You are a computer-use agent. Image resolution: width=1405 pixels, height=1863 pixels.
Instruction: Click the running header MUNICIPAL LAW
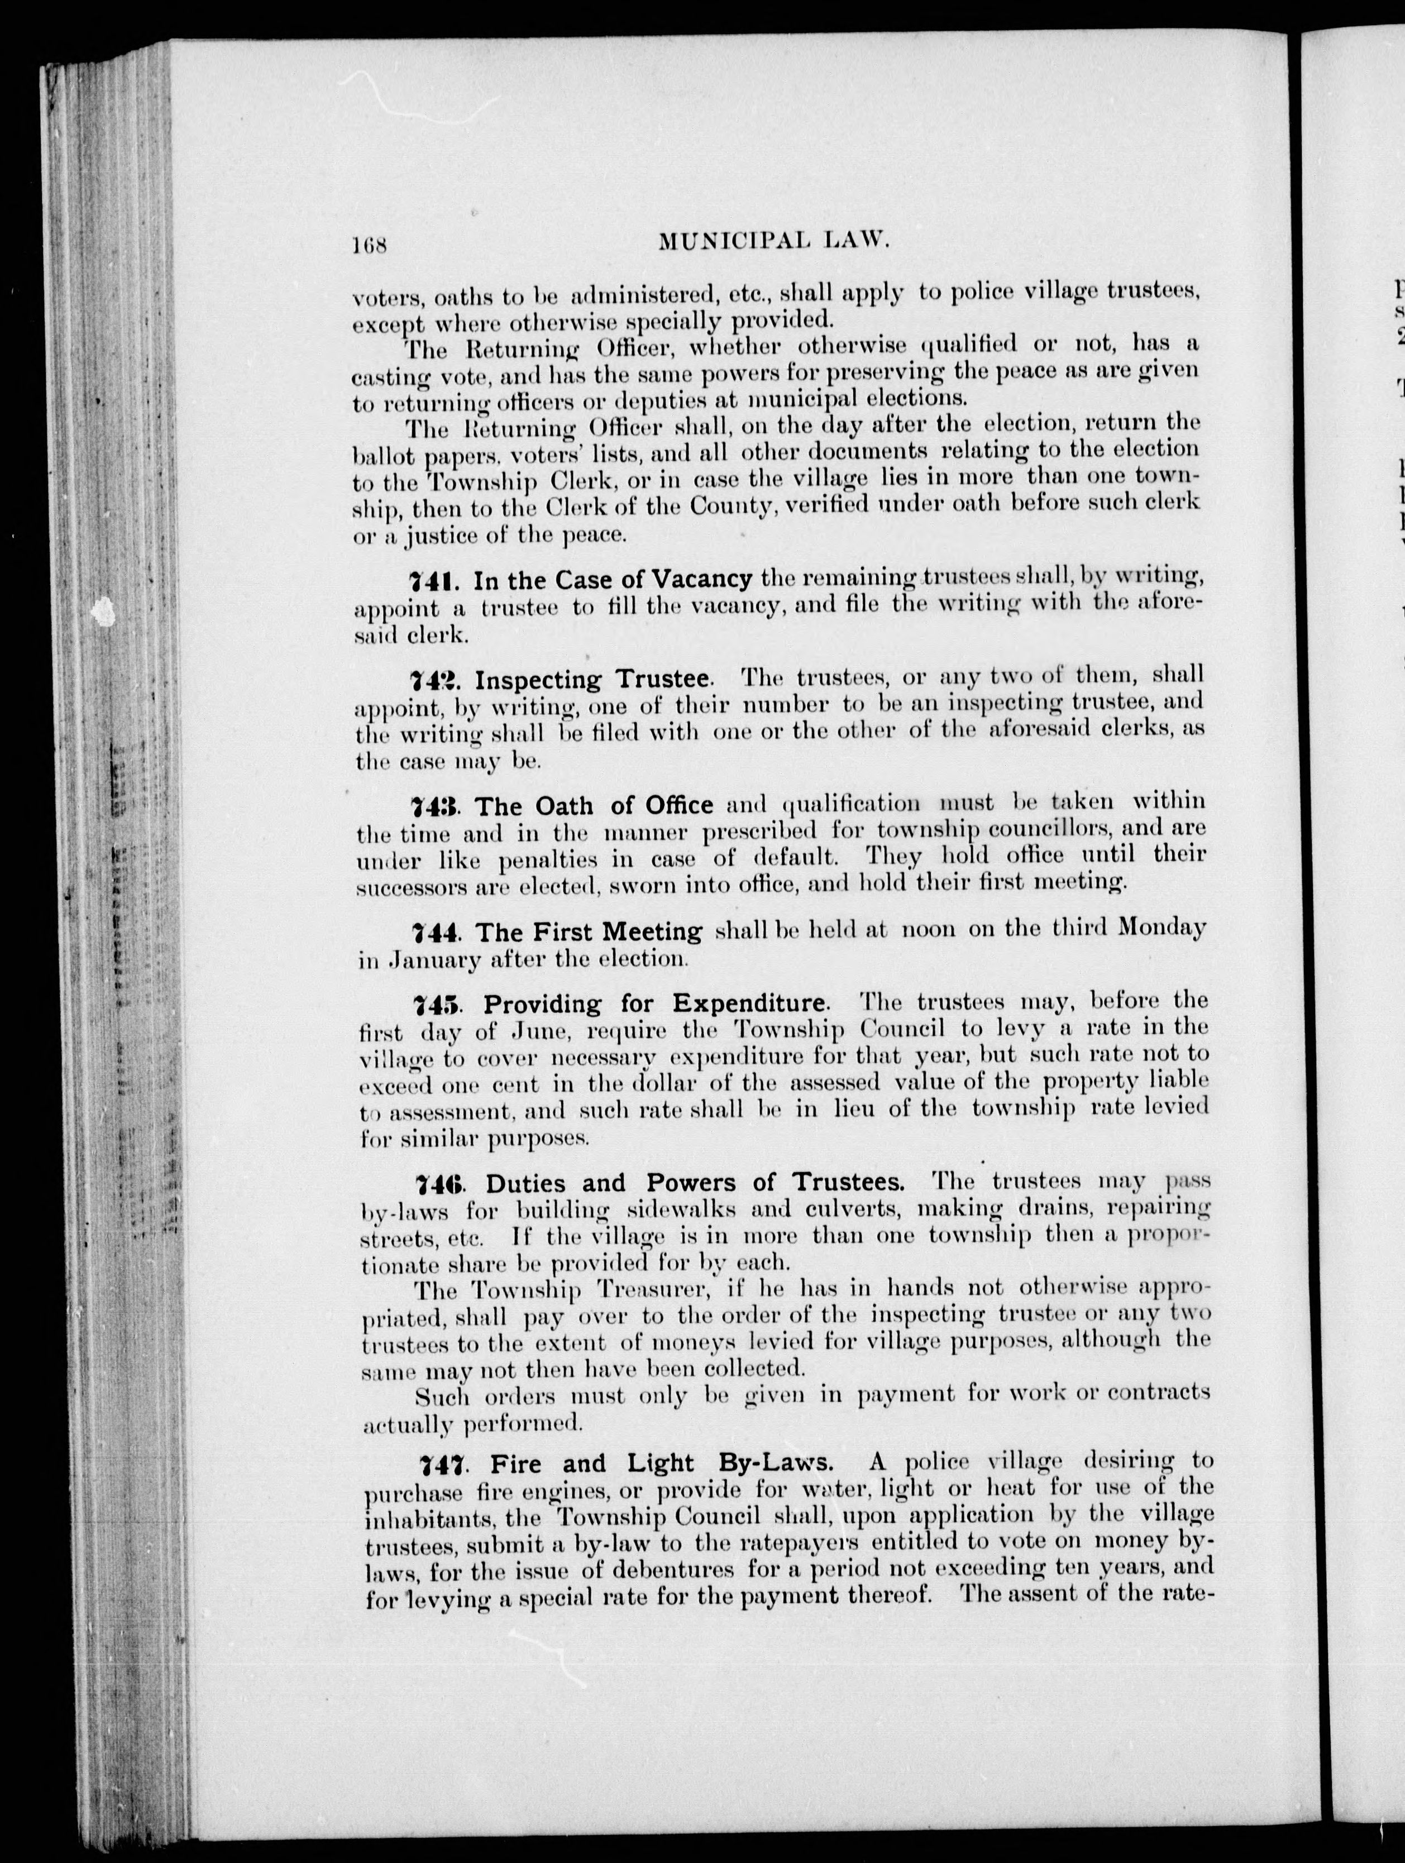tap(773, 242)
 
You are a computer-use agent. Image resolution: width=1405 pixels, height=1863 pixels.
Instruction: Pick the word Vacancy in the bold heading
tap(702, 580)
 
